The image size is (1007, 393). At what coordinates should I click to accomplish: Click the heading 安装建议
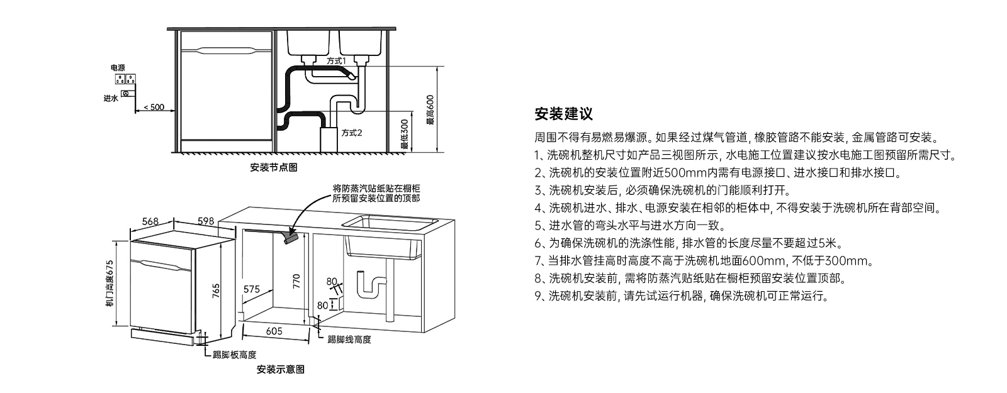pos(563,114)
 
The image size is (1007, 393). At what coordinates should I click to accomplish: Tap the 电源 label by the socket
pos(118,68)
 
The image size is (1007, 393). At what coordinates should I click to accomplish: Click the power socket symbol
pos(126,79)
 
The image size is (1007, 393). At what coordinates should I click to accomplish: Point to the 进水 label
pos(111,98)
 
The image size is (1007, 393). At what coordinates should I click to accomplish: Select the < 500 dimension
pos(154,108)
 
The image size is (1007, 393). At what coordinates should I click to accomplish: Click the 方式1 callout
pos(336,60)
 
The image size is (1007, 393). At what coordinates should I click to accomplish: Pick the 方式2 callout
pos(352,133)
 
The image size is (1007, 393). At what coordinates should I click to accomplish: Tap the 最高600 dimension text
pos(430,110)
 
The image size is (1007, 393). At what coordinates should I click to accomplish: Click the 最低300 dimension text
pos(405,135)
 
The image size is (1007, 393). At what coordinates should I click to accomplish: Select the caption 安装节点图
pos(274,167)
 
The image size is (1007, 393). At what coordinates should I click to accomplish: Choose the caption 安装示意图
pos(281,370)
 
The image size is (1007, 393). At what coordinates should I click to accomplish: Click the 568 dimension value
pos(150,221)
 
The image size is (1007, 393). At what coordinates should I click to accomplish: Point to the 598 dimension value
pos(206,221)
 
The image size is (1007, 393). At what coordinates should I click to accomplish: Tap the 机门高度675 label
pos(110,284)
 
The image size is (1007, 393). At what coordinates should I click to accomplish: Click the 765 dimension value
pos(216,291)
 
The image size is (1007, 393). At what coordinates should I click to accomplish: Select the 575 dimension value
pos(252,289)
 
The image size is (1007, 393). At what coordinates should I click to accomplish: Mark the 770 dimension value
pos(296,282)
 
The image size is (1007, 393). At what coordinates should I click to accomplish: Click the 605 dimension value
pos(274,331)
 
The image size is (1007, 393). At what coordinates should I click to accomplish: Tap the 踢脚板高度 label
pos(235,355)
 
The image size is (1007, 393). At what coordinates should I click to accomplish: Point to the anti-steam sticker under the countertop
pos(290,236)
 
